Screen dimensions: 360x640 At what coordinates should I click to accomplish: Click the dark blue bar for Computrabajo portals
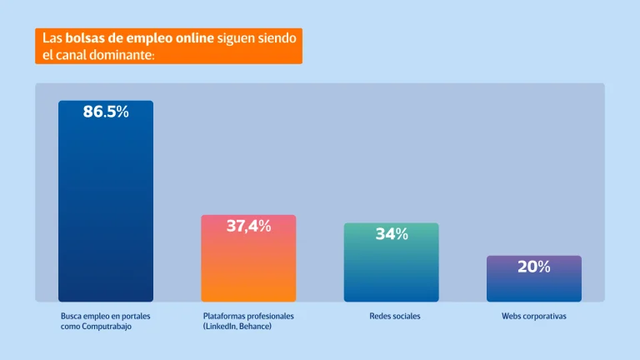point(106,208)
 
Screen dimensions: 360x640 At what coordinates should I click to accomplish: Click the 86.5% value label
point(106,112)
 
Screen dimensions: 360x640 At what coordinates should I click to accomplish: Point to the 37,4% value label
point(248,226)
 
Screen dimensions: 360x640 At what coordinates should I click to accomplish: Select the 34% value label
point(391,234)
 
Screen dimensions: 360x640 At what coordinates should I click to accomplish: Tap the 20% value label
point(533,267)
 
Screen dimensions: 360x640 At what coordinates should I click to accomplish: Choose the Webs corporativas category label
point(533,317)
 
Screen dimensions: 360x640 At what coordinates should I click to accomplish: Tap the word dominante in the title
point(127,56)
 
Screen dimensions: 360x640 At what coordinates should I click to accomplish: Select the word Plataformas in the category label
point(225,317)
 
